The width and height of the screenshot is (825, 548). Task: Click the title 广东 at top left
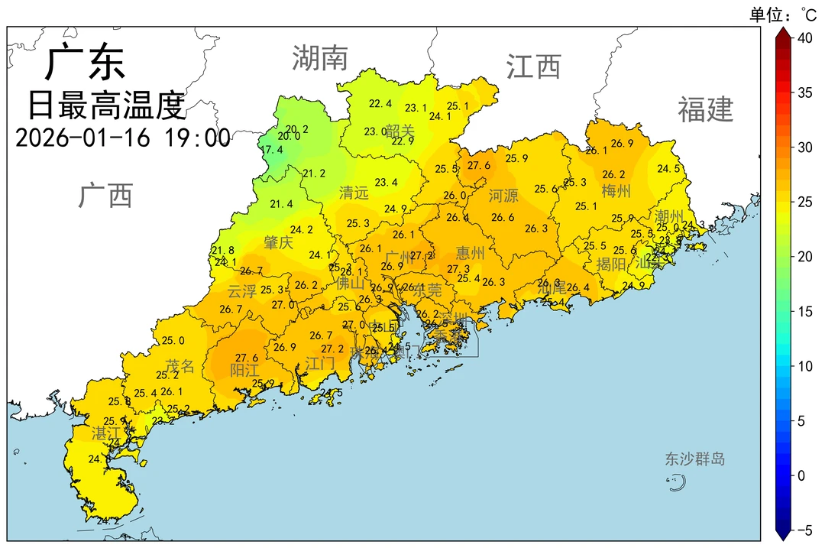click(85, 63)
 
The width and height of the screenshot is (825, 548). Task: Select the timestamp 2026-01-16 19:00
click(122, 138)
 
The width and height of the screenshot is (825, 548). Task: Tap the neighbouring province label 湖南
click(320, 58)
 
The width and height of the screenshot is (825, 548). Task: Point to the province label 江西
click(533, 67)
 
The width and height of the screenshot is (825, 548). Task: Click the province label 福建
click(705, 110)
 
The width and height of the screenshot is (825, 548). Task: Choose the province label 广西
click(105, 196)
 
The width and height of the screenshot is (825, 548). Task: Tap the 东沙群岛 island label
click(694, 459)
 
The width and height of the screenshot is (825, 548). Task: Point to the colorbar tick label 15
click(805, 311)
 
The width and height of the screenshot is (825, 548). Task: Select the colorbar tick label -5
click(805, 529)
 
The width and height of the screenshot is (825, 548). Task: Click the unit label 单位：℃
click(783, 13)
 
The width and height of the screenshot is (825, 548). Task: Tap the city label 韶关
click(400, 131)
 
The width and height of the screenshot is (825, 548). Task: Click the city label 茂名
click(180, 366)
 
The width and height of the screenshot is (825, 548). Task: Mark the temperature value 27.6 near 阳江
click(246, 358)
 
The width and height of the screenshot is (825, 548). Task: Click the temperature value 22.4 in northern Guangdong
click(380, 104)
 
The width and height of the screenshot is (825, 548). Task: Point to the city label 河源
click(503, 196)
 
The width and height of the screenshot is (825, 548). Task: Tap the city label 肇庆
click(278, 243)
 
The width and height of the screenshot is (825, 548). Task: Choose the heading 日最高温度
click(107, 105)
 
